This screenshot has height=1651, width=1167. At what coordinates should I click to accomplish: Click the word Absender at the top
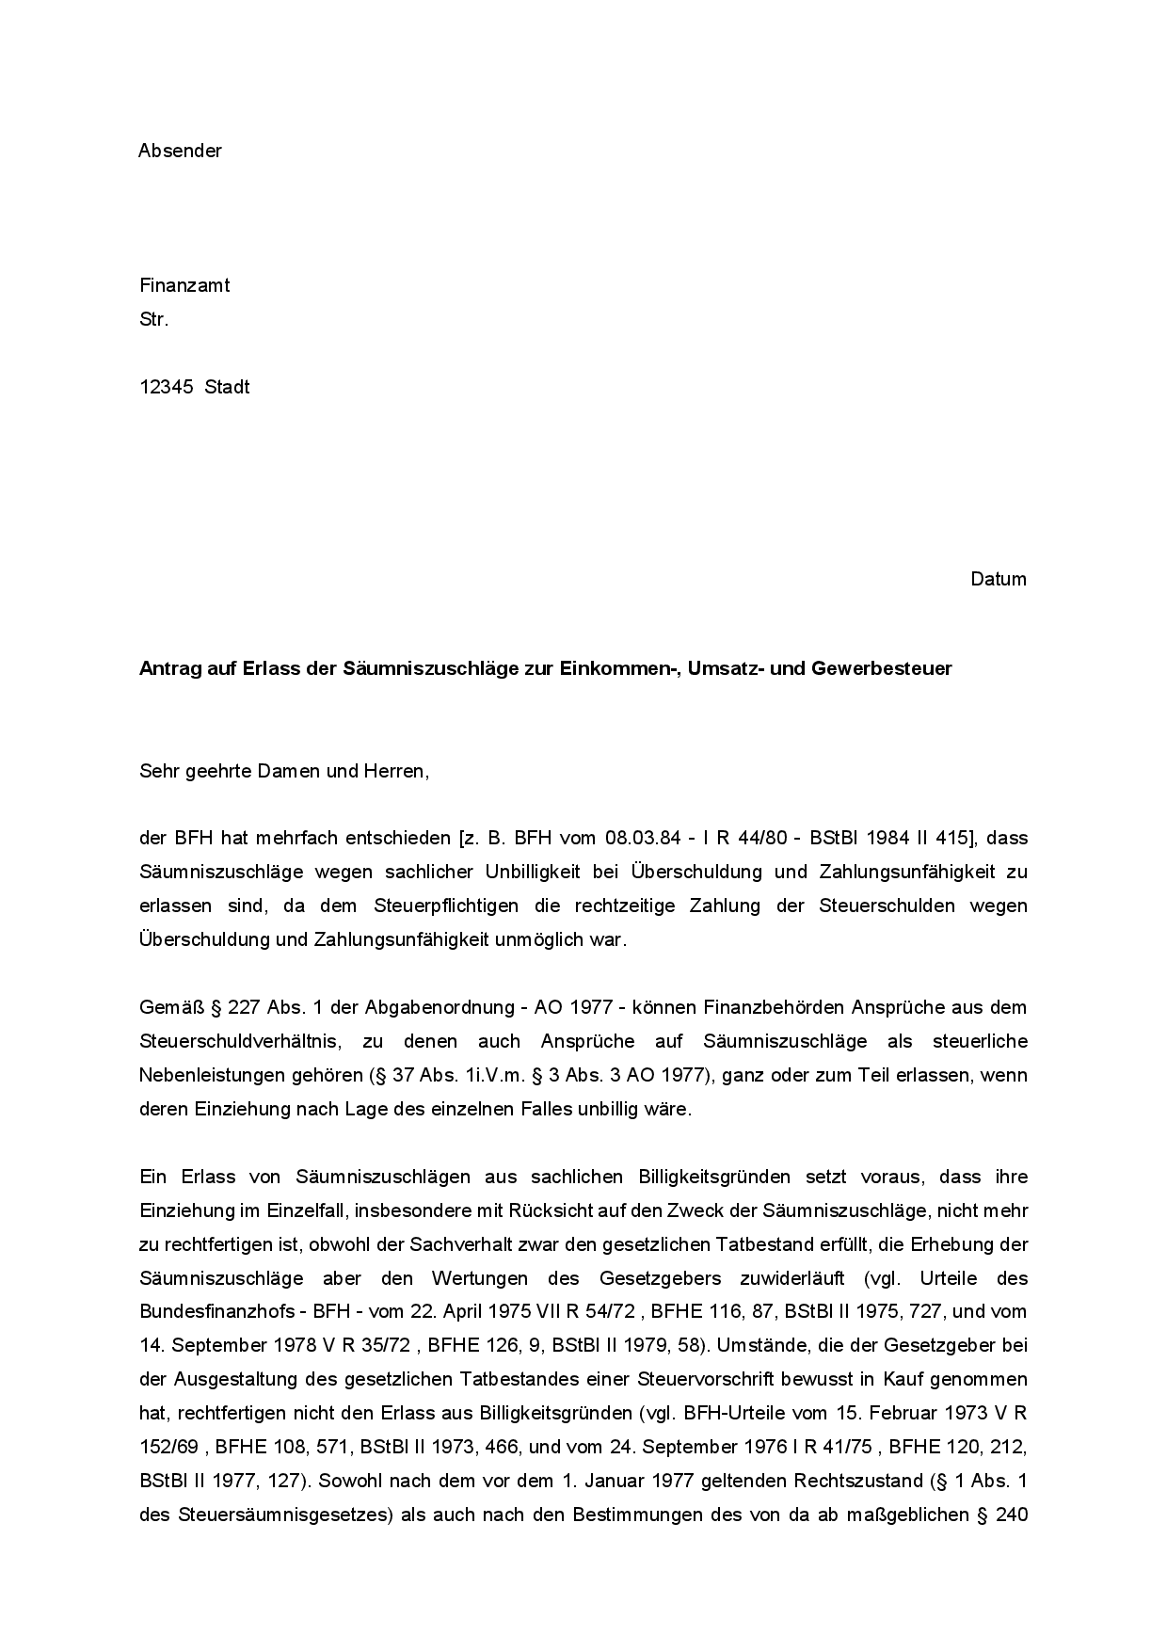pyautogui.click(x=180, y=151)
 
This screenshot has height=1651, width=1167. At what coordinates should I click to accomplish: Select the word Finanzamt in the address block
pyautogui.click(x=184, y=285)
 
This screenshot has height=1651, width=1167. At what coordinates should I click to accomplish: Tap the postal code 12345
pyautogui.click(x=167, y=387)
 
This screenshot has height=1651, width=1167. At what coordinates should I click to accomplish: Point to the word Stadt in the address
pyautogui.click(x=227, y=387)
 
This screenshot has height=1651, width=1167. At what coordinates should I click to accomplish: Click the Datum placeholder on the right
pyautogui.click(x=999, y=579)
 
